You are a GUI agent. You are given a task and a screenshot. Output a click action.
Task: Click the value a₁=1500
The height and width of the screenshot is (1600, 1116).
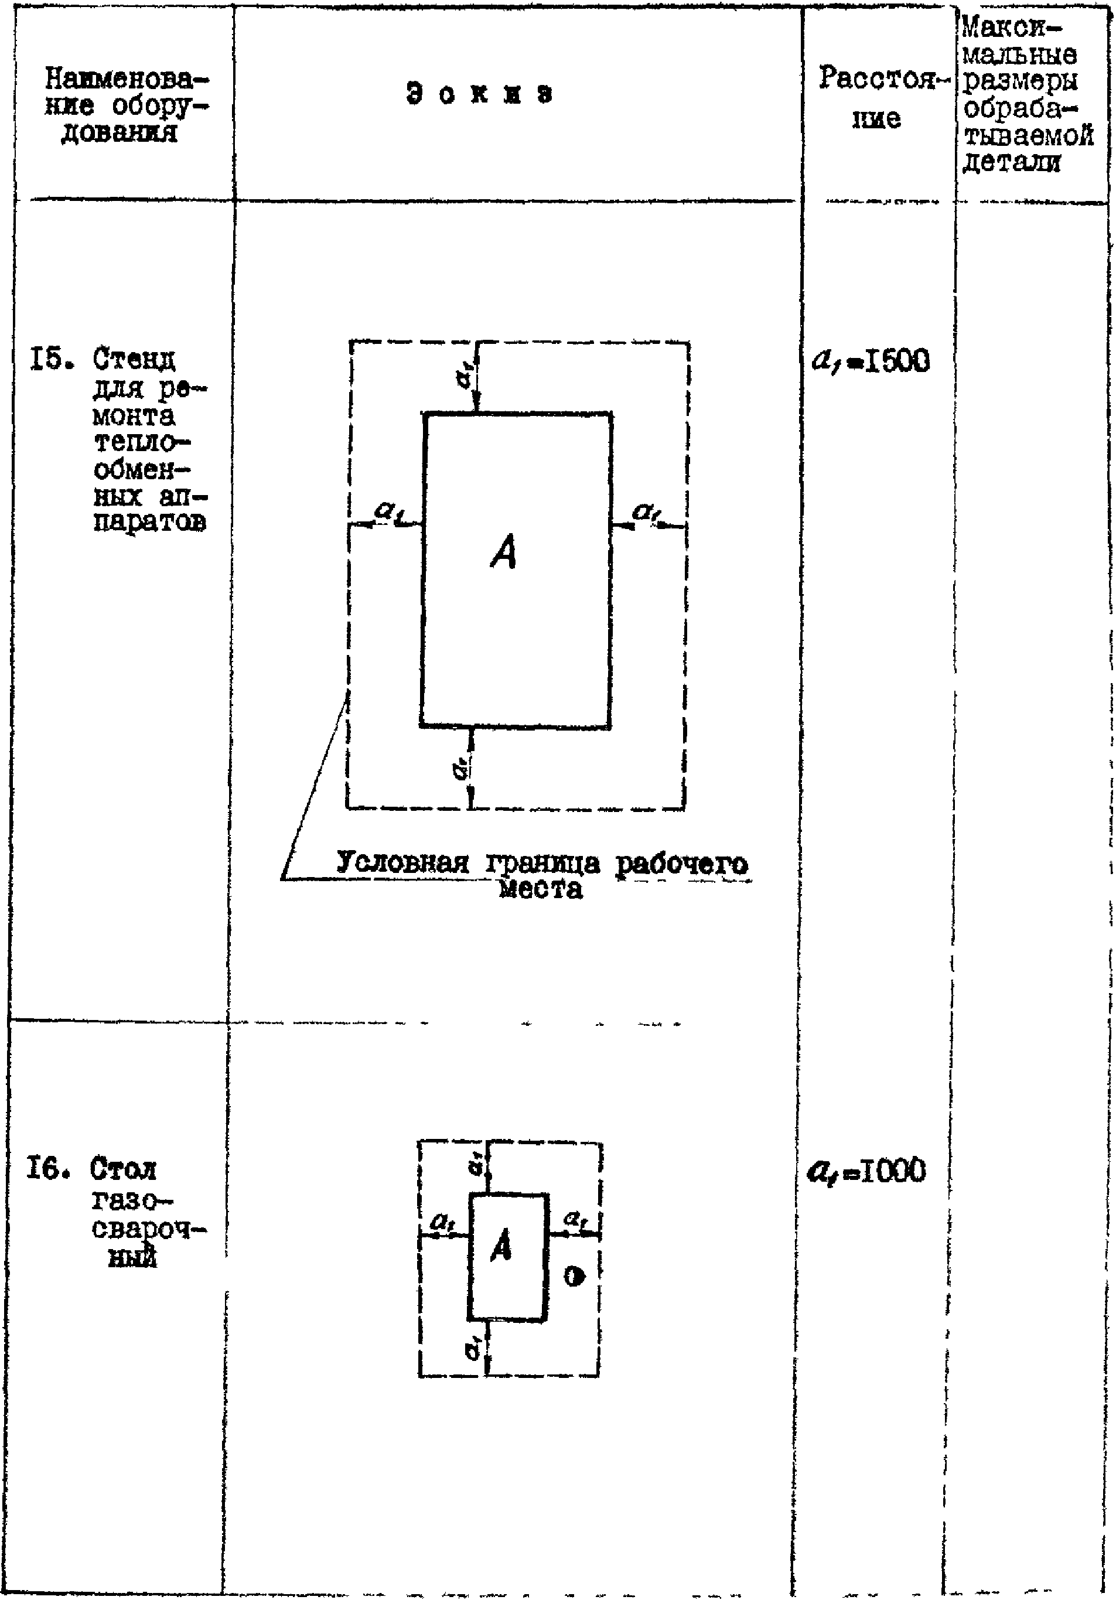871,361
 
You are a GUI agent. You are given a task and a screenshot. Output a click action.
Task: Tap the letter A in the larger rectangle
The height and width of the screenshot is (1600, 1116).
504,552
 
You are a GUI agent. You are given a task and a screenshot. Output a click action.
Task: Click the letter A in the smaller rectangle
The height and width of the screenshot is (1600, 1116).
501,1246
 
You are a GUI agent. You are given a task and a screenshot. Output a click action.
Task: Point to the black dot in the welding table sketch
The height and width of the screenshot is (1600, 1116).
574,1277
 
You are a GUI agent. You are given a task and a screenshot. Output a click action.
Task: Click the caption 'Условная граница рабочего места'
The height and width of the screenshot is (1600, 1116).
542,875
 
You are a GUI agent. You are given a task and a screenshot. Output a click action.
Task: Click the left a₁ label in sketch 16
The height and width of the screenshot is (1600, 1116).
441,1222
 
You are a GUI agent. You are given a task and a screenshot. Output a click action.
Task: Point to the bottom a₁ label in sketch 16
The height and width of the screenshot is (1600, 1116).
474,1349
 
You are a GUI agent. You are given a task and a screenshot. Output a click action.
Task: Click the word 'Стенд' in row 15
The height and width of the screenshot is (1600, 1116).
135,360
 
